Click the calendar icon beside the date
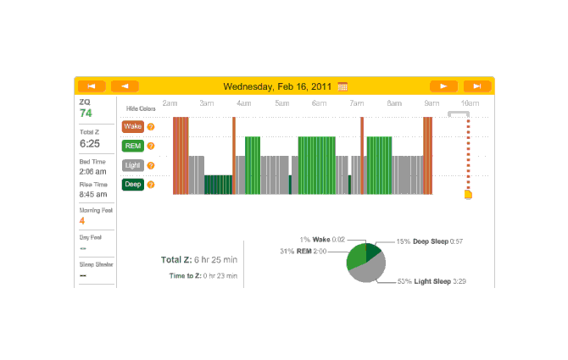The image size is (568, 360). coord(342,86)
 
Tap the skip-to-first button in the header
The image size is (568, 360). coord(92,86)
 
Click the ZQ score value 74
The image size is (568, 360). coord(86,113)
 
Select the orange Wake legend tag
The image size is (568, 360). coord(132,126)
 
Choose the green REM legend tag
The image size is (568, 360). coord(132,146)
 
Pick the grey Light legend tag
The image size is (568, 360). coord(132,165)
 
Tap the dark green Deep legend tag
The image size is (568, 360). coord(132,185)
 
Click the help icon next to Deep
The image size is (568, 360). coord(151,185)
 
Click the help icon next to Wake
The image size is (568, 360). coord(151,127)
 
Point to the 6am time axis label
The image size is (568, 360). coord(319,103)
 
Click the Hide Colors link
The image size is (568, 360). coord(141,109)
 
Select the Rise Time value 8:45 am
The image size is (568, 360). coord(93,194)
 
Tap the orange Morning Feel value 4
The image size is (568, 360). coord(82,220)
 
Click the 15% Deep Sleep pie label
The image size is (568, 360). coord(432,241)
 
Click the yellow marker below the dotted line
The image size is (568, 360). coord(468,196)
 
